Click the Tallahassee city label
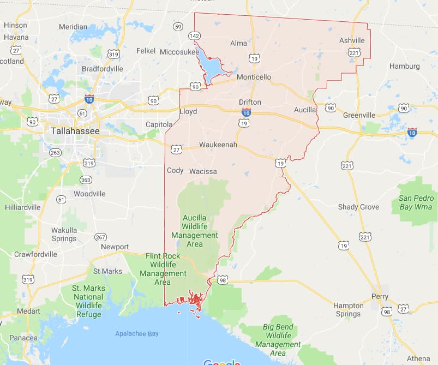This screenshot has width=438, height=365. point(75,131)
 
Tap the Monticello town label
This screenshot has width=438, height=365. point(254,77)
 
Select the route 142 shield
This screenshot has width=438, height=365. point(194,35)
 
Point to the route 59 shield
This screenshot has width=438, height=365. point(178,26)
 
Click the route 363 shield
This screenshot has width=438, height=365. point(86,179)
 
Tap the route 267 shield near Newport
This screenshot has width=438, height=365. point(100,237)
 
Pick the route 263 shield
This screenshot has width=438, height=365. point(55,153)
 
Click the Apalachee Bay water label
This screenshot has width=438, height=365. point(137,333)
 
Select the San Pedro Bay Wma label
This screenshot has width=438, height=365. point(416,202)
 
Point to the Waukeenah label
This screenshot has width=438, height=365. point(218,145)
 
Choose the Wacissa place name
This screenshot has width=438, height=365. point(203,171)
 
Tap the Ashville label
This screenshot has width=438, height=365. point(352,41)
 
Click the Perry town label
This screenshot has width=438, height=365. point(380,297)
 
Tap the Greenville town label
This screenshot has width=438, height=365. point(359,115)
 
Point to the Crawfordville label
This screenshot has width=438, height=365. point(35,254)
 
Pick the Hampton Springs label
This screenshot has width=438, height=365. point(348,309)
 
